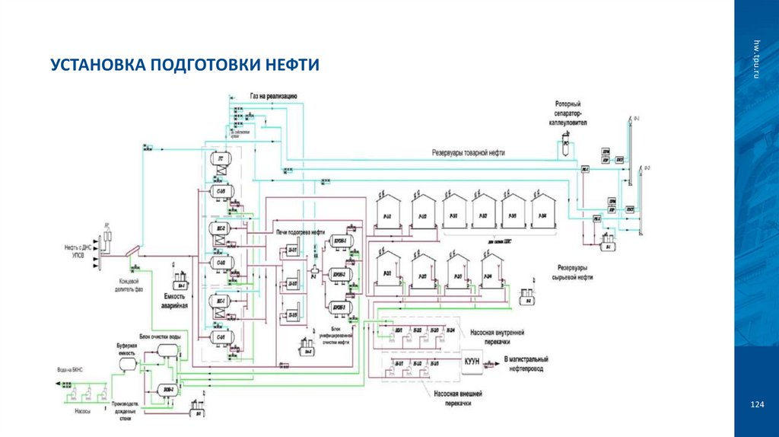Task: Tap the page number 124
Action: click(756, 404)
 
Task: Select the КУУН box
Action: click(472, 362)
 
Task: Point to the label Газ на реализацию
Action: click(273, 97)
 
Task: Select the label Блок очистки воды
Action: click(159, 336)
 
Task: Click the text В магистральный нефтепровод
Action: click(531, 362)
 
